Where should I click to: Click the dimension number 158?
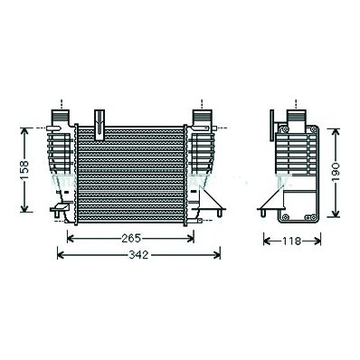24,170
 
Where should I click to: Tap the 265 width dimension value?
131,239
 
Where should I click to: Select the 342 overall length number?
138,255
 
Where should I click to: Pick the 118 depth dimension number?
292,242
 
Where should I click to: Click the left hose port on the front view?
61,117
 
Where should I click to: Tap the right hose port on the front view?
202,117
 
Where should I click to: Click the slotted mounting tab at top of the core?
99,125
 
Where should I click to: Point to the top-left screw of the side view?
284,129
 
